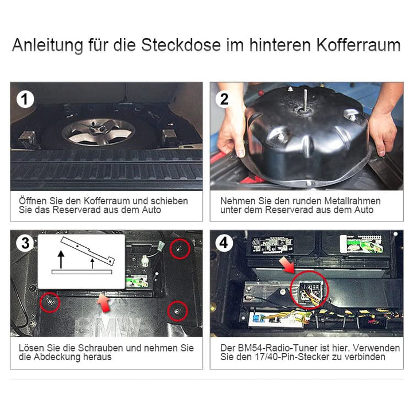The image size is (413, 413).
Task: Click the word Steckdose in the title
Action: [x=181, y=45]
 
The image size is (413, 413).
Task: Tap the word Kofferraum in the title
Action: [x=359, y=45]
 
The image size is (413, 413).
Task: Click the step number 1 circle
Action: [x=25, y=99]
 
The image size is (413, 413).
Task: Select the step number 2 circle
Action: [x=224, y=99]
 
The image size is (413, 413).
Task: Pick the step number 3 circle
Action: [x=25, y=243]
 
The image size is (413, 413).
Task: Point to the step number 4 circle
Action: [x=224, y=243]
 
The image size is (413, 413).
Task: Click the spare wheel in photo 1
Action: [x=99, y=132]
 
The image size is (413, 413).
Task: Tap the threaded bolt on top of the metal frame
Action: [x=306, y=100]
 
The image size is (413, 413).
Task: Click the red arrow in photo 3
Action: [x=104, y=303]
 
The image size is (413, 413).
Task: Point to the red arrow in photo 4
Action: [x=287, y=265]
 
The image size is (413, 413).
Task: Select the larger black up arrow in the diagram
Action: [x=61, y=259]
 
